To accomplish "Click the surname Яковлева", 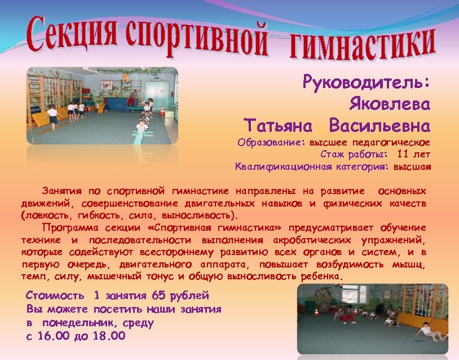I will [390, 104].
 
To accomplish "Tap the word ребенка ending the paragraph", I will [321, 278].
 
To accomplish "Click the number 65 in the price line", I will [160, 295].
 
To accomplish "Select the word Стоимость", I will [55, 295].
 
